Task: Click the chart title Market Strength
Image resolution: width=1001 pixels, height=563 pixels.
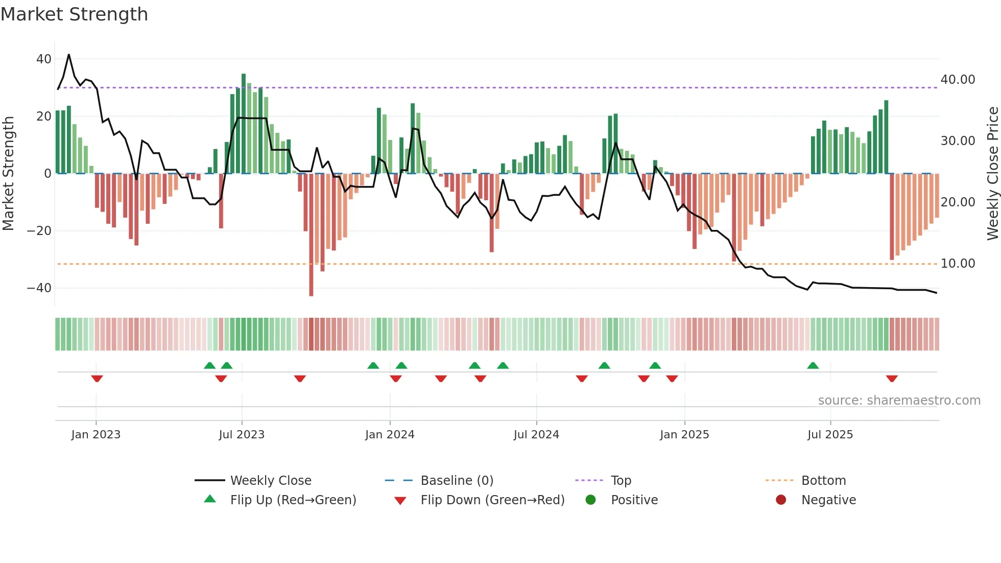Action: pyautogui.click(x=74, y=14)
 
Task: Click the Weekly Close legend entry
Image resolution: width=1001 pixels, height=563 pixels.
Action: pyautogui.click(x=270, y=480)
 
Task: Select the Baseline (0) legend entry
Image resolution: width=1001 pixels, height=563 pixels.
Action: pyautogui.click(x=457, y=480)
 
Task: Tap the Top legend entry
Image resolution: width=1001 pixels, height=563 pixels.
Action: pyautogui.click(x=621, y=480)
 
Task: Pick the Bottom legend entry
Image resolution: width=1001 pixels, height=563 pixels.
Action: pyautogui.click(x=823, y=480)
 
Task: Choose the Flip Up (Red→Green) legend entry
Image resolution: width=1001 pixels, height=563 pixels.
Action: pyautogui.click(x=293, y=500)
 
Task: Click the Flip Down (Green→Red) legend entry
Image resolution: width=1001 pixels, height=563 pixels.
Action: pyautogui.click(x=492, y=500)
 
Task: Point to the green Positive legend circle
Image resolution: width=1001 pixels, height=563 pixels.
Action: pyautogui.click(x=591, y=500)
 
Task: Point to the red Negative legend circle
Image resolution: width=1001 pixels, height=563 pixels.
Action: pyautogui.click(x=781, y=500)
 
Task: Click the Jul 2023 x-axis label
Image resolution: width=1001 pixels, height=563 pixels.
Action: pyautogui.click(x=242, y=434)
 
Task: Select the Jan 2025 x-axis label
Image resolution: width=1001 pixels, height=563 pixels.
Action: pyautogui.click(x=684, y=434)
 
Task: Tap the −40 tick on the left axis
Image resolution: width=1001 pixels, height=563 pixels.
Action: pyautogui.click(x=40, y=288)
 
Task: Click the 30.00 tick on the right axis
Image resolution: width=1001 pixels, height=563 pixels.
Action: pyautogui.click(x=958, y=141)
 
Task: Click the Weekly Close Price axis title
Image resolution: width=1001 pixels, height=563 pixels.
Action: pyautogui.click(x=993, y=174)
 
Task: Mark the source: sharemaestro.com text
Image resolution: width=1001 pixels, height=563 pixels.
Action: pyautogui.click(x=899, y=400)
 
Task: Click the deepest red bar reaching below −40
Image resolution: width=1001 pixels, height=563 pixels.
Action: pyautogui.click(x=311, y=235)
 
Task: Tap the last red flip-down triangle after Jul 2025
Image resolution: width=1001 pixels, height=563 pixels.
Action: pyautogui.click(x=892, y=379)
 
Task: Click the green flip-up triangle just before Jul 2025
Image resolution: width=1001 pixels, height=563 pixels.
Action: pyautogui.click(x=813, y=365)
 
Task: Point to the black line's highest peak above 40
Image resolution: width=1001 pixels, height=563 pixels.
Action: pyautogui.click(x=69, y=55)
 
